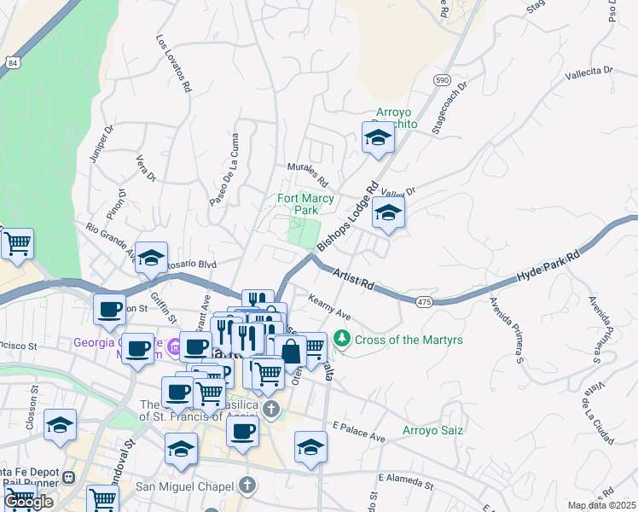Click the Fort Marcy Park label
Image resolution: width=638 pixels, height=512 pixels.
305,204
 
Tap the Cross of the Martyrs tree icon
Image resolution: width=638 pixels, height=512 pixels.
342,340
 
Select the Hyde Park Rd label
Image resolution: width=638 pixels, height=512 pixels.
549,266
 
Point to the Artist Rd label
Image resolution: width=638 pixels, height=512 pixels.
355,278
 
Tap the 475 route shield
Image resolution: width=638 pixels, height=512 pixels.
424,302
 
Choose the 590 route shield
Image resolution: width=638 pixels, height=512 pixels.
441,79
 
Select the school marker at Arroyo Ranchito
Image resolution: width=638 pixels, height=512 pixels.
378,138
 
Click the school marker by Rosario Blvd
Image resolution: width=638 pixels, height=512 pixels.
151,259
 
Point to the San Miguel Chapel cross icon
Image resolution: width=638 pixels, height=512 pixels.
247,486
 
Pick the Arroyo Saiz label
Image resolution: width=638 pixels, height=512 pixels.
432,430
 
